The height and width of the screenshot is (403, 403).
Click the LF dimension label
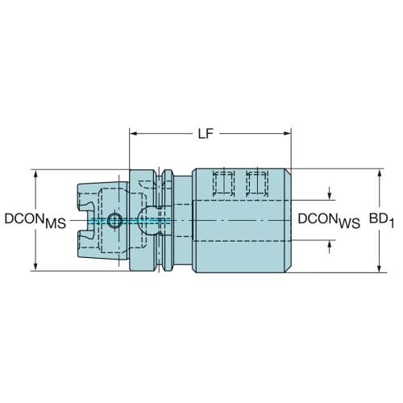[x=206, y=134]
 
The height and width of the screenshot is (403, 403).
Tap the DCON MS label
[x=35, y=220]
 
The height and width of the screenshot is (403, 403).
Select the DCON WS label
[x=329, y=221]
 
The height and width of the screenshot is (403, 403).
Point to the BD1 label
[x=381, y=220]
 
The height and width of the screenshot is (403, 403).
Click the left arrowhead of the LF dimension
[x=134, y=134]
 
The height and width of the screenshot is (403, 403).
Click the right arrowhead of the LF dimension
[x=287, y=134]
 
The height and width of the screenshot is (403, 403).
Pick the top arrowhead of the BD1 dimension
[x=379, y=173]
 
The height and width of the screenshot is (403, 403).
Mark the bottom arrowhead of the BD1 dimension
[x=379, y=268]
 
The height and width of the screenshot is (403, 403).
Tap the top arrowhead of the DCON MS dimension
[x=35, y=174]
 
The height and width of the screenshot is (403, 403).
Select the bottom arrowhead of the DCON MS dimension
[x=35, y=267]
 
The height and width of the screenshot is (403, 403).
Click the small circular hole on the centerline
[x=114, y=221]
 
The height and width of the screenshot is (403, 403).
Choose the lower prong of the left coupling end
[x=85, y=243]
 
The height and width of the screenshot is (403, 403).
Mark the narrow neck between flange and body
[x=183, y=221]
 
